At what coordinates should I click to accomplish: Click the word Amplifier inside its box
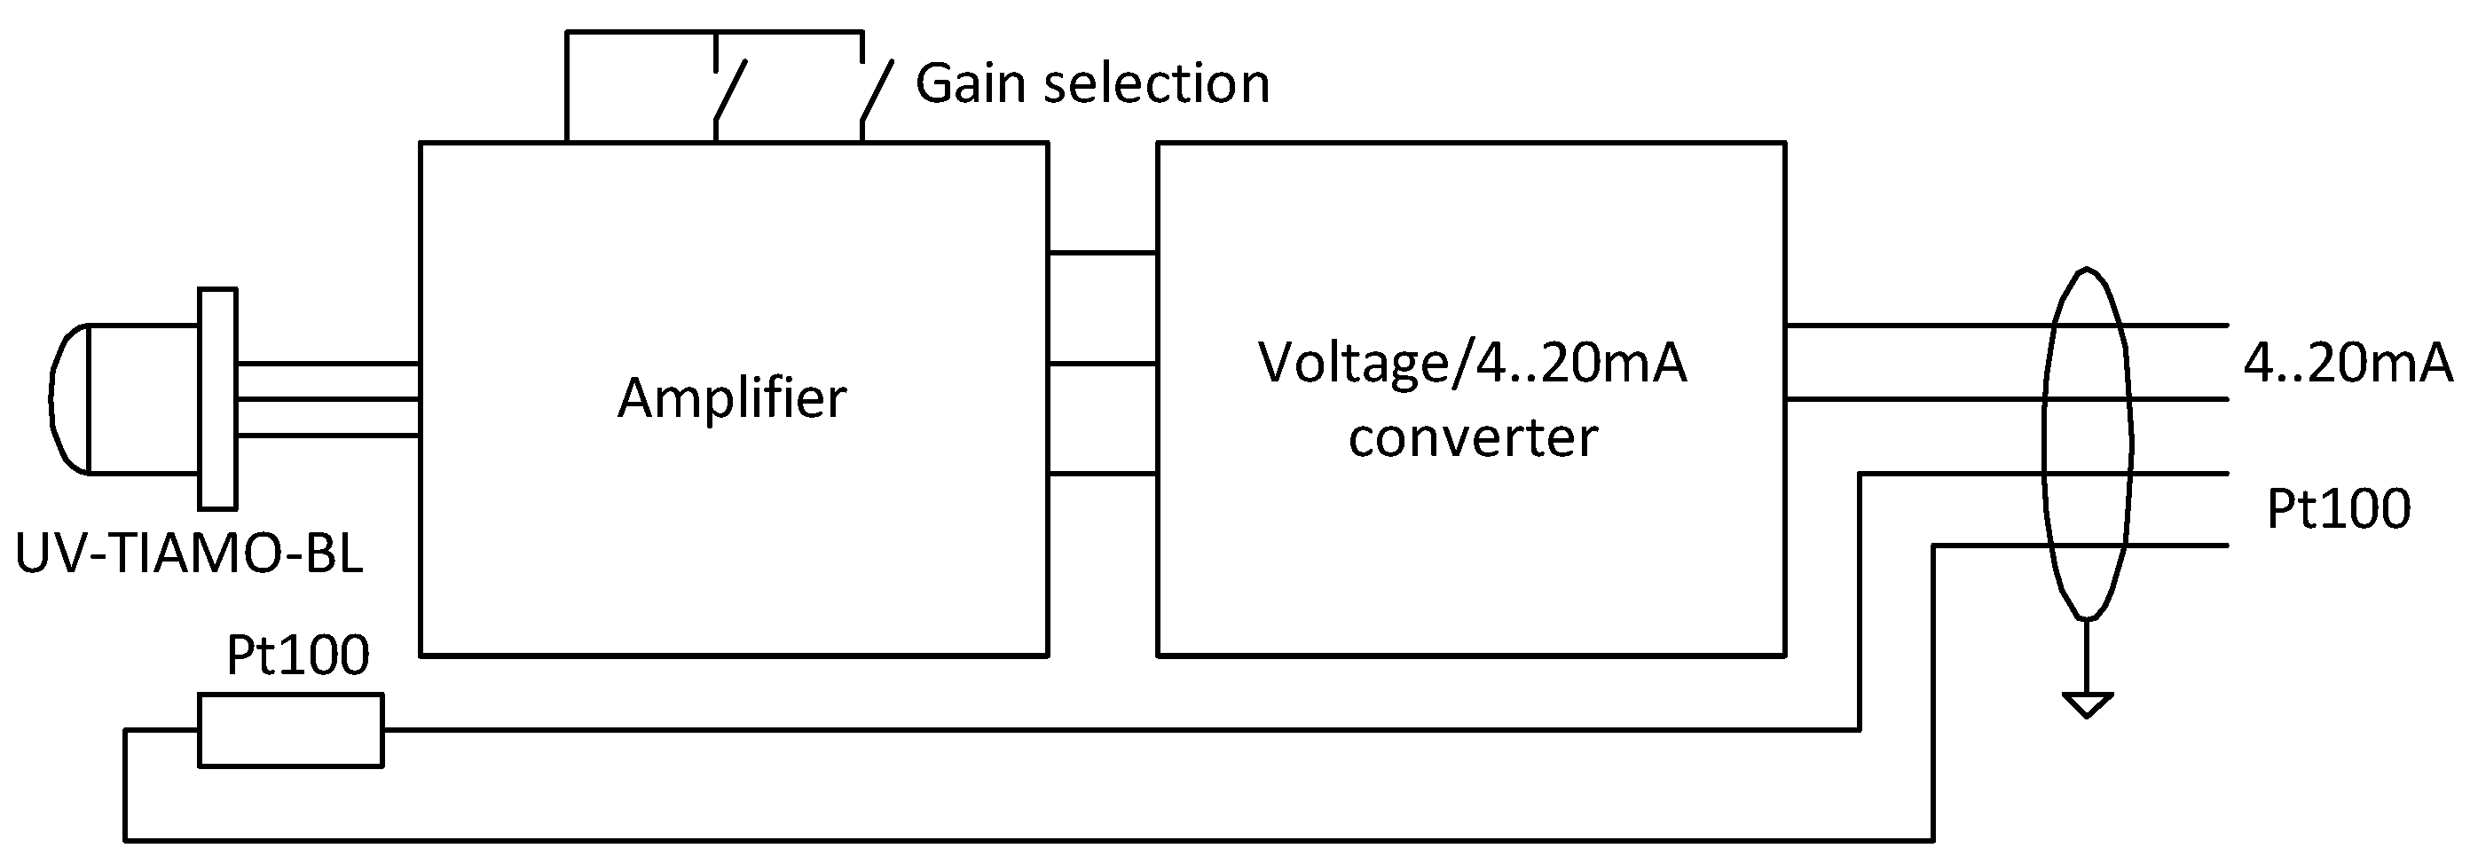click(732, 398)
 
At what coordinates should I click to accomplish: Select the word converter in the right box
click(1472, 438)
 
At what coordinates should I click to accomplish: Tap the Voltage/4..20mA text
click(1472, 364)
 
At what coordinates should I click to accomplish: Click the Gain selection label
click(1092, 83)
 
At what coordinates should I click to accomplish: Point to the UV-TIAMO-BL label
click(189, 554)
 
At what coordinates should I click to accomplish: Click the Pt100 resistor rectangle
click(290, 731)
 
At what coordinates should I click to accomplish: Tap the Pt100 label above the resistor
click(297, 656)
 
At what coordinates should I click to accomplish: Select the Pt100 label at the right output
click(2338, 509)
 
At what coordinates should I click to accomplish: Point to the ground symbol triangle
click(2087, 705)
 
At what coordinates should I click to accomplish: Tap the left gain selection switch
click(728, 92)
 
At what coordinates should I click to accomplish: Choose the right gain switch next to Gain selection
click(876, 92)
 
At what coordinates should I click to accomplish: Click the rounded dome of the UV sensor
click(68, 399)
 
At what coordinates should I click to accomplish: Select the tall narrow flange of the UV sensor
click(217, 399)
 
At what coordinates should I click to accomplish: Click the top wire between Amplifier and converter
click(1103, 253)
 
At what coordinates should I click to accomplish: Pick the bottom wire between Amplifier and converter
click(1103, 474)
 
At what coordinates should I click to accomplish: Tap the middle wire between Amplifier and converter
click(1103, 364)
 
